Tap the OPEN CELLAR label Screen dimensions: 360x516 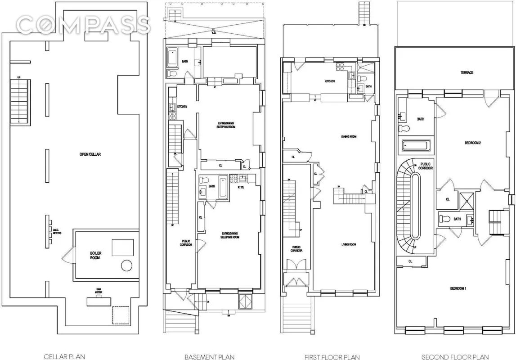(x=90, y=154)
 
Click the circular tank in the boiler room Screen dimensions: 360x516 (x=126, y=265)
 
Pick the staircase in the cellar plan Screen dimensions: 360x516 (x=19, y=103)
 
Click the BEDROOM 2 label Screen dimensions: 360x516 (x=473, y=143)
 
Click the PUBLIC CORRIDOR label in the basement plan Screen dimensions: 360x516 (x=186, y=243)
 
